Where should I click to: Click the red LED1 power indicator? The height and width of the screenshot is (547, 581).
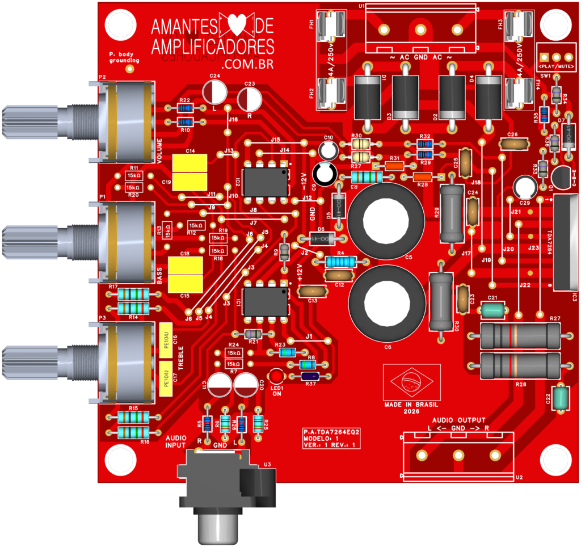tap(276, 376)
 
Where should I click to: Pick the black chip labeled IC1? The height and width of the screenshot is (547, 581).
tap(265, 301)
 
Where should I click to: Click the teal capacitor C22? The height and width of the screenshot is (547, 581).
tap(562, 397)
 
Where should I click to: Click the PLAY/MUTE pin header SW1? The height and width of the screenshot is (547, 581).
tap(556, 57)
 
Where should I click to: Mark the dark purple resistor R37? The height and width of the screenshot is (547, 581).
tap(310, 376)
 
